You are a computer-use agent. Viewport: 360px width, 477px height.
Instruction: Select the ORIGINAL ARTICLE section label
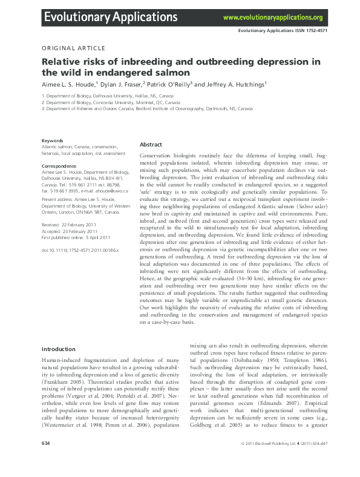[73, 48]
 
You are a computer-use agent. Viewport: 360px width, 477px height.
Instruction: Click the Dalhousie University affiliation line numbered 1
[107, 96]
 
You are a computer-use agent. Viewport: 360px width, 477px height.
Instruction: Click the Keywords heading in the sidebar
[53, 140]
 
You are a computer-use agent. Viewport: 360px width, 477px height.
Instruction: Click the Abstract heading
[151, 145]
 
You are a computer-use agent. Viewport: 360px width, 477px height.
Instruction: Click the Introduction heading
[62, 350]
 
